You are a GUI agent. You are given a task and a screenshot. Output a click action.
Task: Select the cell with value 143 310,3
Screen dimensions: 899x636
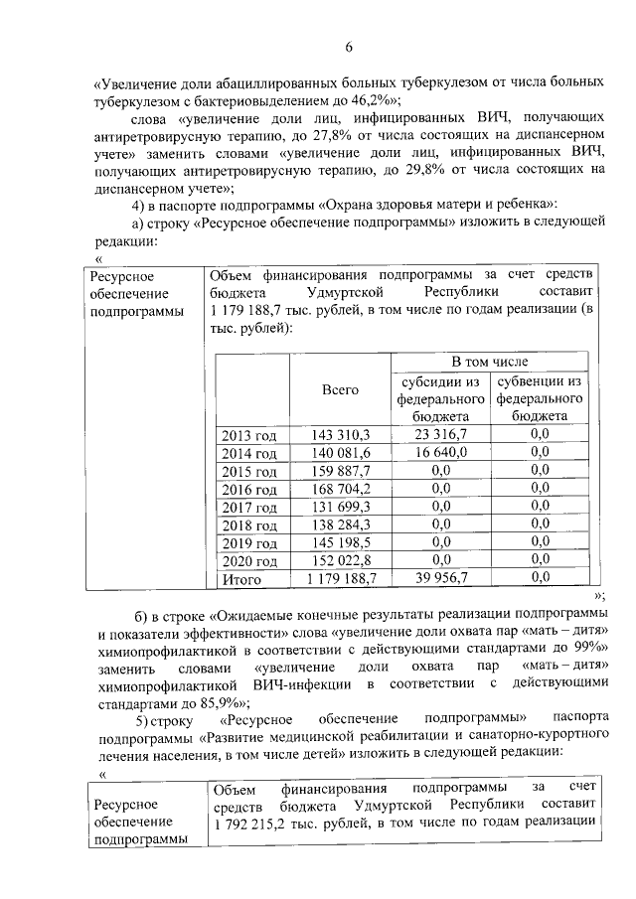(x=340, y=434)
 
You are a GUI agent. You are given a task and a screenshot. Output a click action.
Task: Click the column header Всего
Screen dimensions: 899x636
(x=340, y=390)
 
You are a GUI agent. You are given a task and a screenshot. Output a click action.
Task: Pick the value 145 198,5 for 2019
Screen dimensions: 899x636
(x=340, y=542)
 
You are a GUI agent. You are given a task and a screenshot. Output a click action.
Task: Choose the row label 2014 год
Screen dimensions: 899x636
(x=249, y=453)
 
